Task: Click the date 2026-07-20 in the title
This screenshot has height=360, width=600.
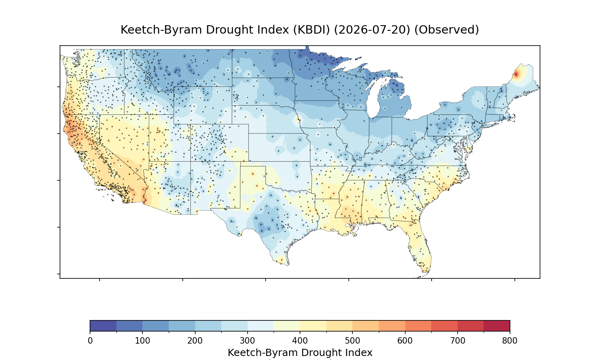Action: click(x=372, y=30)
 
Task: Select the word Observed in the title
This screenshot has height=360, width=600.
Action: click(x=446, y=30)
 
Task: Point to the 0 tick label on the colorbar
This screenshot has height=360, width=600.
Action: click(x=90, y=341)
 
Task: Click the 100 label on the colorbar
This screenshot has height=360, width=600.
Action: click(x=142, y=341)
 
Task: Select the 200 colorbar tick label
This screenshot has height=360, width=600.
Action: click(x=195, y=341)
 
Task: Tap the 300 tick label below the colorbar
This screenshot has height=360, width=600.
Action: click(x=248, y=341)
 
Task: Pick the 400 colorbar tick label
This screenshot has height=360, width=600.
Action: click(x=300, y=341)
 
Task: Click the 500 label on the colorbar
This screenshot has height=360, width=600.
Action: click(x=352, y=341)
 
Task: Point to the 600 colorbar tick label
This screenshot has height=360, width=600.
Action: click(x=405, y=341)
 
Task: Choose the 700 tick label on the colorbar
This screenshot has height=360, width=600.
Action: click(x=458, y=341)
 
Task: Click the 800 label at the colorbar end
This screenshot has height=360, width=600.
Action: click(x=510, y=341)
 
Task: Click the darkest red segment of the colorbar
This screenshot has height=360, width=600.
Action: click(x=497, y=326)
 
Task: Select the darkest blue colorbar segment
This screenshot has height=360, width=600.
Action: click(x=103, y=326)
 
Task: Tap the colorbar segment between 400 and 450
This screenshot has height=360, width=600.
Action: click(x=313, y=326)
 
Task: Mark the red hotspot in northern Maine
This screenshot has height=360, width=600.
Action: click(x=516, y=74)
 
